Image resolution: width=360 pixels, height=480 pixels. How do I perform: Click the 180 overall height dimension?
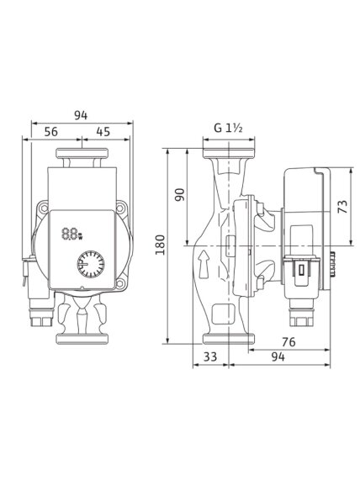click(160, 245)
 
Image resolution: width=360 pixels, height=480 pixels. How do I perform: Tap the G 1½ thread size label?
click(228, 128)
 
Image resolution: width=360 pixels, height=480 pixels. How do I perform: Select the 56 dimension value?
click(50, 132)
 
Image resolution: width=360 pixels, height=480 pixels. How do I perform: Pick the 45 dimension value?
click(103, 132)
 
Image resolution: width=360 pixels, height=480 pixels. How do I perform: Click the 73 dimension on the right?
click(342, 207)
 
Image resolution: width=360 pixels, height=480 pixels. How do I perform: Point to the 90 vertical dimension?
click(180, 195)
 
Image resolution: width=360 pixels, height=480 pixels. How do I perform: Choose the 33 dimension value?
click(210, 356)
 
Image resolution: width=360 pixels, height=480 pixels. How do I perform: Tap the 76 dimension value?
click(289, 342)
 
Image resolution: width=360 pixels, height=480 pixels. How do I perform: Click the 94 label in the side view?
click(278, 356)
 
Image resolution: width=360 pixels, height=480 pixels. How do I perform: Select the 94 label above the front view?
click(81, 115)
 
